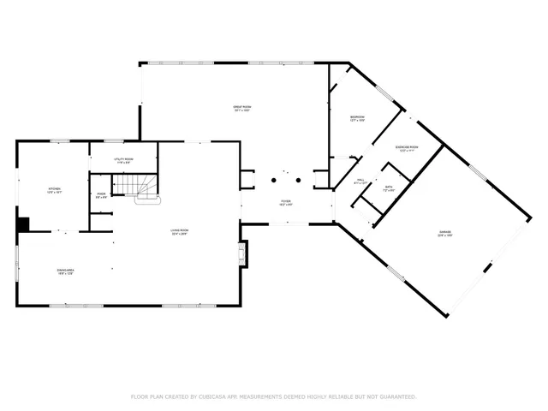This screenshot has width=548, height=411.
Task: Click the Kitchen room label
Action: click(53, 188)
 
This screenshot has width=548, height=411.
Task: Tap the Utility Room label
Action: click(122, 159)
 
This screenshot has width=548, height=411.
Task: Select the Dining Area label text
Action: click(66, 270)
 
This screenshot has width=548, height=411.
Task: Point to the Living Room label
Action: click(178, 230)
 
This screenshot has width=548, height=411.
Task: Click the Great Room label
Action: click(242, 107)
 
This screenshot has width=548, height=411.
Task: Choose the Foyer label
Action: click(285, 201)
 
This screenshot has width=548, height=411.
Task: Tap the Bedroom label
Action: click(358, 116)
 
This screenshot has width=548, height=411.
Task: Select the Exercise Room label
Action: click(407, 146)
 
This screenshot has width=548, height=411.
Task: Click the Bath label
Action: click(388, 187)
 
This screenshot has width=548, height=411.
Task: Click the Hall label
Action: click(360, 180)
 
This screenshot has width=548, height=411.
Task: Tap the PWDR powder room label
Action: click(101, 194)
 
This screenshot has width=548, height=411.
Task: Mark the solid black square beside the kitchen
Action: click(23, 223)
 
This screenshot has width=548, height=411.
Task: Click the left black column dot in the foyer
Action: click(274, 180)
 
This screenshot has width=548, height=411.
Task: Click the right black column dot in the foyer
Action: click(298, 180)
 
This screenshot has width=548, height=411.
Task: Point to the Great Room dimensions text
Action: click(242, 111)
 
